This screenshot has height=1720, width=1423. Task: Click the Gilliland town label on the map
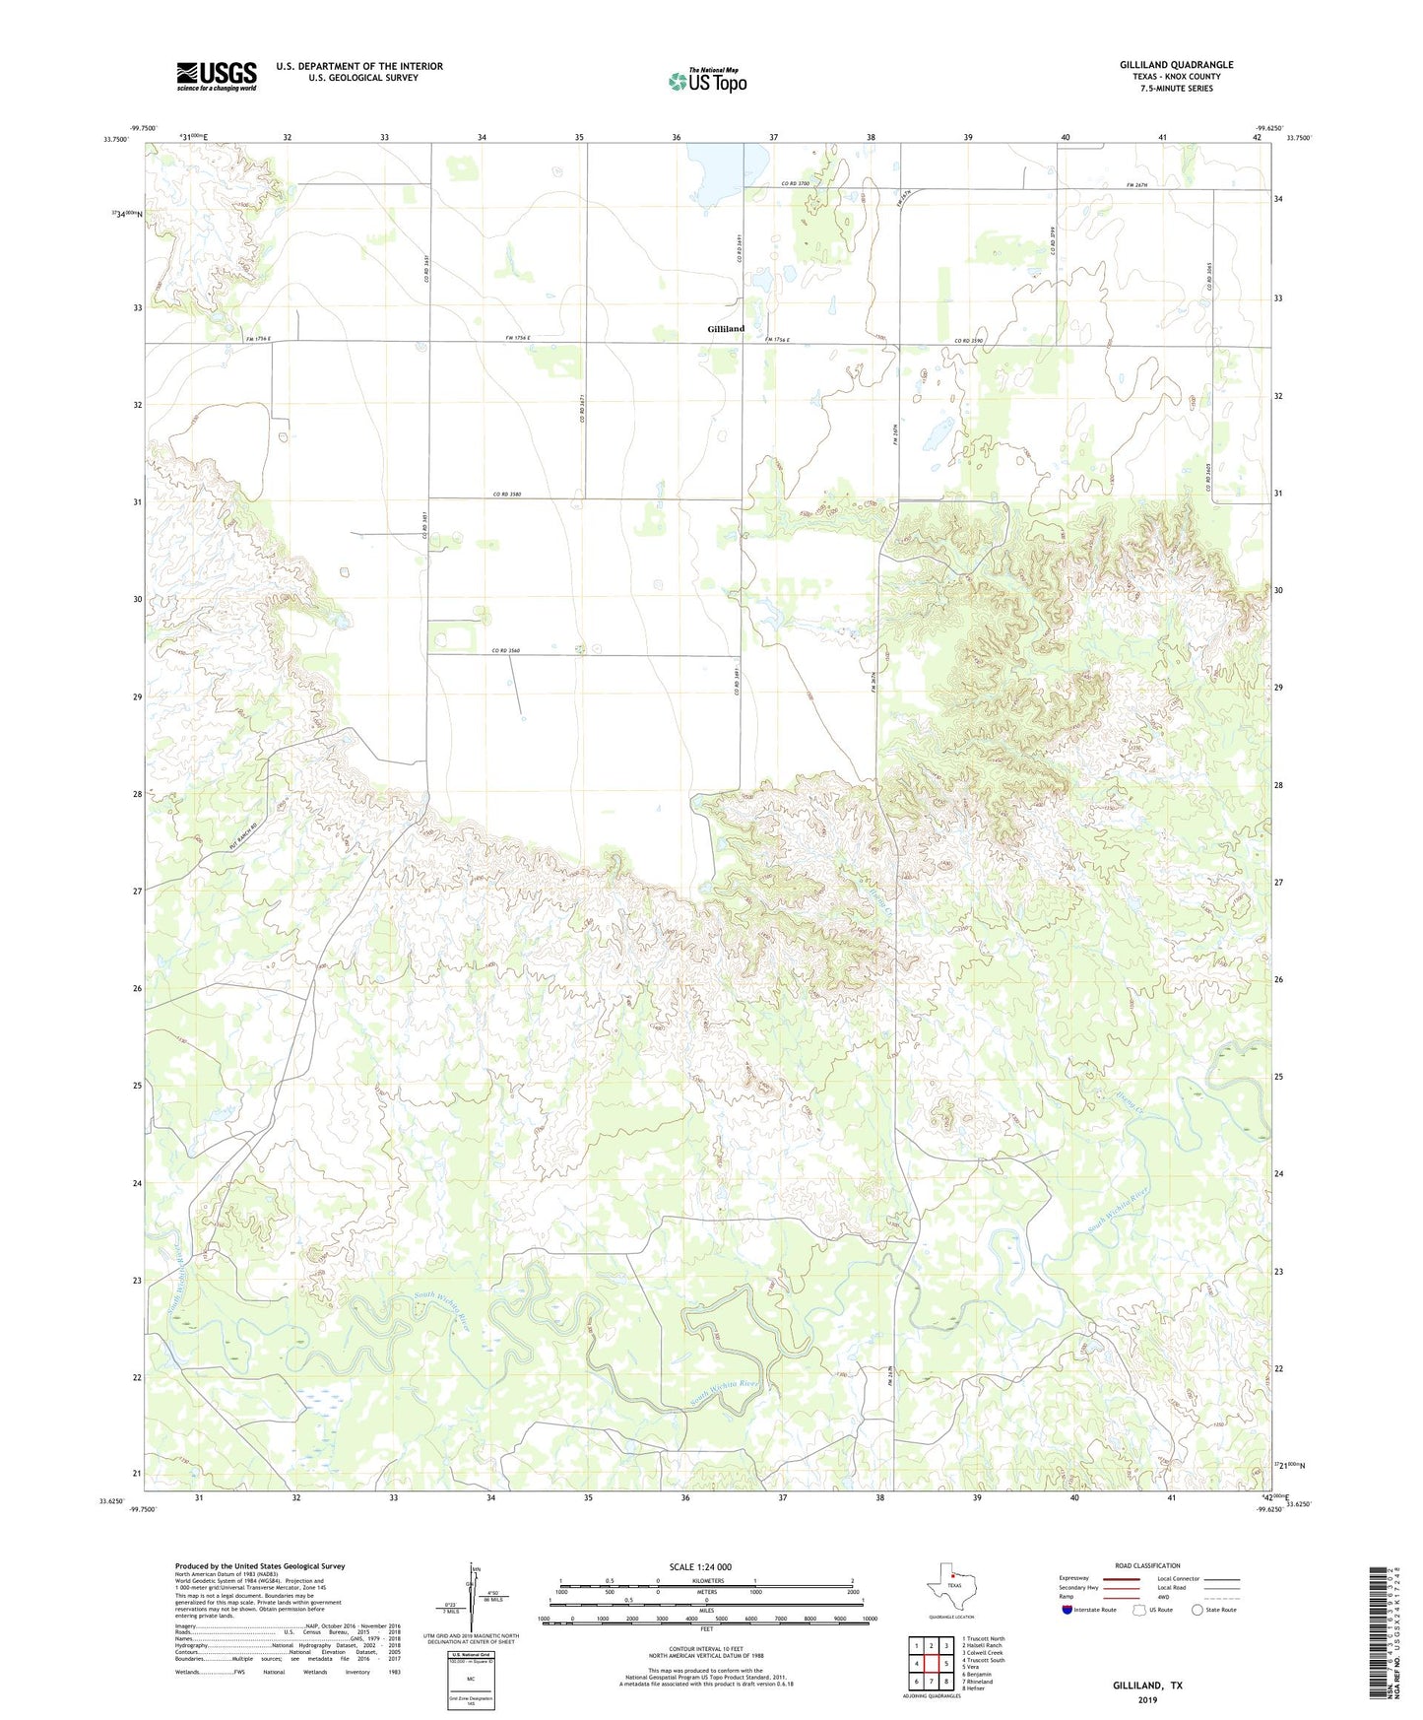[x=726, y=329]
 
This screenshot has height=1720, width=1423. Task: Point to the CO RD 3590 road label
[x=969, y=341]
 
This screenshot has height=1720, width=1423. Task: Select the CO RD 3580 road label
[x=507, y=495]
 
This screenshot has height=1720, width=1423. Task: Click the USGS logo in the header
[x=217, y=76]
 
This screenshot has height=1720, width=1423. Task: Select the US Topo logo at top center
[x=707, y=81]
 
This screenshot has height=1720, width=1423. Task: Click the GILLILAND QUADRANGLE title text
[x=1176, y=65]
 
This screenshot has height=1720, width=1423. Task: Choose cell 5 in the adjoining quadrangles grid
[x=946, y=1664]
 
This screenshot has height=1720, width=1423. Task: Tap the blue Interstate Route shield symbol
[x=1068, y=1610]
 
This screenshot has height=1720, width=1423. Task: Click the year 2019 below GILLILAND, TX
[x=1147, y=1700]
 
